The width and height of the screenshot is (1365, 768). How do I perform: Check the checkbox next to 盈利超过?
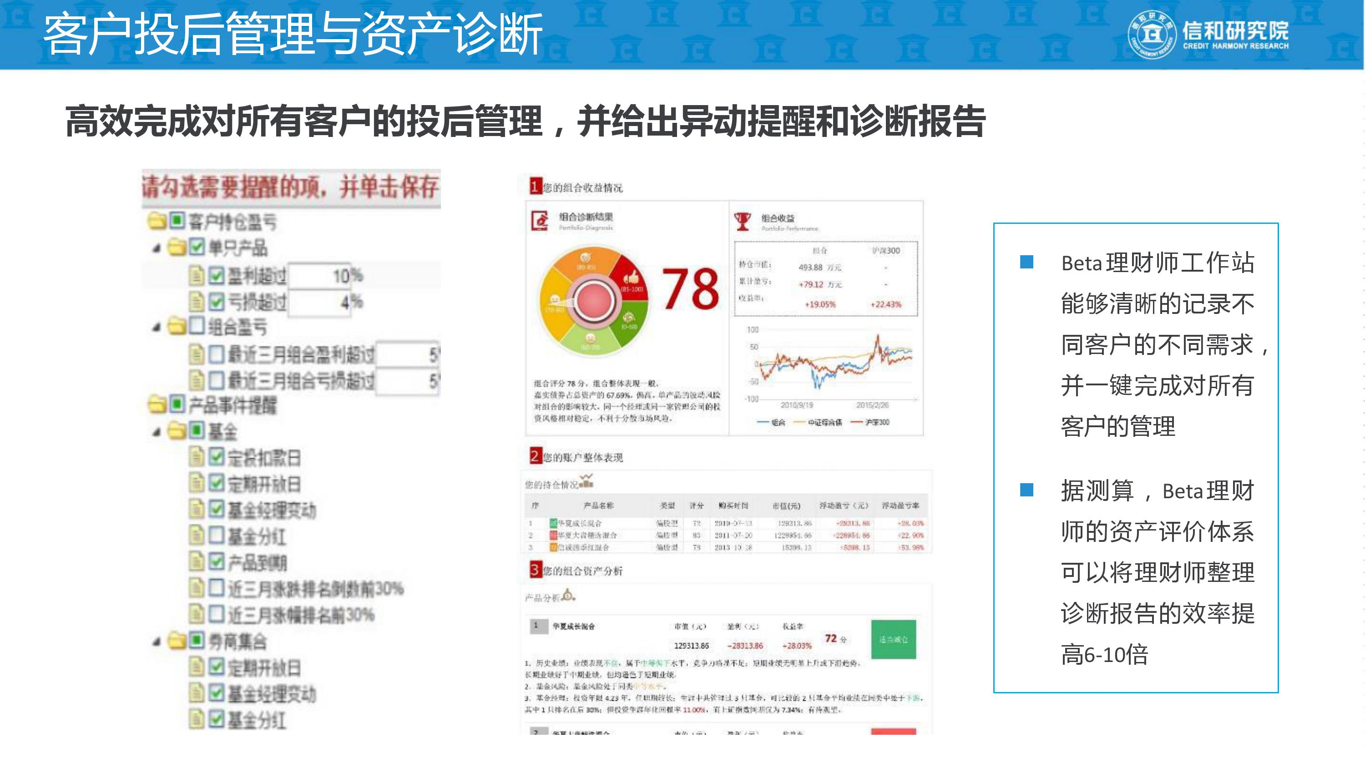pyautogui.click(x=215, y=275)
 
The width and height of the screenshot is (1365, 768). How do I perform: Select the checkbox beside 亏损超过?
pyautogui.click(x=215, y=302)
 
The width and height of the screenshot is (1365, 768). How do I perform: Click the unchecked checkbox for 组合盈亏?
pyautogui.click(x=196, y=325)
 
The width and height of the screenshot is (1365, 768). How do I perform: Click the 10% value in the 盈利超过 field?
pyautogui.click(x=347, y=276)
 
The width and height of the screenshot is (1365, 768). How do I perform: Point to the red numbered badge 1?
pyautogui.click(x=535, y=186)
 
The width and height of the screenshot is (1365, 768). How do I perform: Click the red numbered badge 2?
pyautogui.click(x=535, y=456)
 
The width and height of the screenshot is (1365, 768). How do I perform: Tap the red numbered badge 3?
pyautogui.click(x=535, y=570)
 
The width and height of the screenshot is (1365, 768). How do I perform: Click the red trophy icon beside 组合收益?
pyautogui.click(x=743, y=221)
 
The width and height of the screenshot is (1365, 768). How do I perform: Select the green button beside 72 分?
pyautogui.click(x=894, y=639)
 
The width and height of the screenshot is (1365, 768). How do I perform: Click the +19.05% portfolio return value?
pyautogui.click(x=820, y=304)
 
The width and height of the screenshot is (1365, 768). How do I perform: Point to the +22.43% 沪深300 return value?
pyautogui.click(x=885, y=304)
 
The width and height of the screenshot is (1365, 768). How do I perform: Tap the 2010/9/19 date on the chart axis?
pyautogui.click(x=796, y=405)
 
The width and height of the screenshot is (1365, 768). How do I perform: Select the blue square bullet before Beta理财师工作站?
pyautogui.click(x=1026, y=262)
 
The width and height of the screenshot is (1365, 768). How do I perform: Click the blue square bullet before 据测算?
pyautogui.click(x=1026, y=490)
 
